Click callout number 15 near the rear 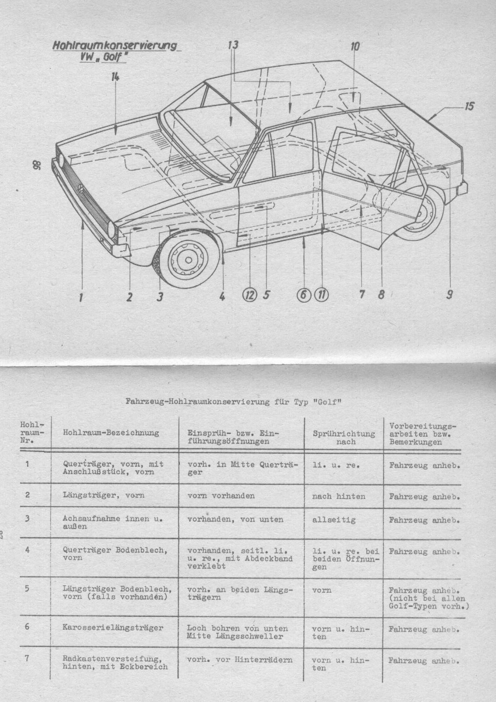pos(469,106)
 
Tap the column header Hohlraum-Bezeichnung pos(111,433)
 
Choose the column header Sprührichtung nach pos(344,437)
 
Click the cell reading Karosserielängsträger pos(113,627)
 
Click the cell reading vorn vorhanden pos(221,496)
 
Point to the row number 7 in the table pos(27,659)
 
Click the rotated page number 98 pos(36,165)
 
